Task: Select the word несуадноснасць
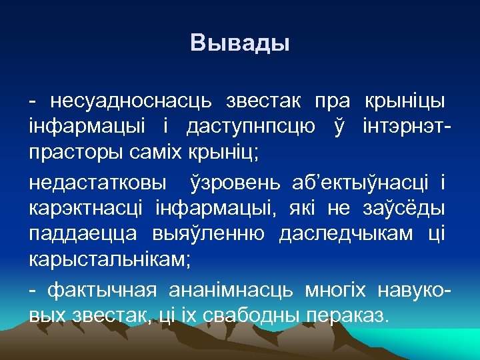tap(127, 101)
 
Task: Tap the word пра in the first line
tap(331, 101)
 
